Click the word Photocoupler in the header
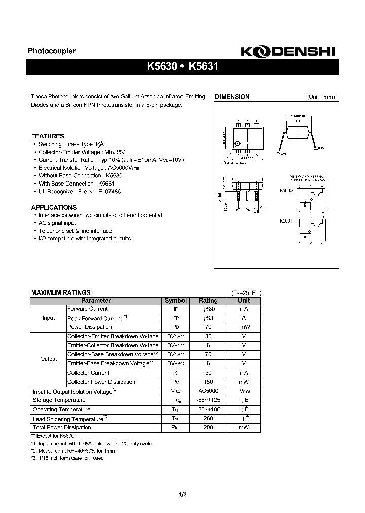click(51, 51)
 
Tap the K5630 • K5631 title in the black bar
click(182, 67)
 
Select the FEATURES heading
click(48, 136)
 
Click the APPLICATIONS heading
click(54, 207)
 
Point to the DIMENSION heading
click(232, 97)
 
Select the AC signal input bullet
click(57, 223)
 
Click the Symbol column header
click(176, 300)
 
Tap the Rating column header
click(208, 300)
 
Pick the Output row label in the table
click(49, 359)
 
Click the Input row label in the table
click(49, 318)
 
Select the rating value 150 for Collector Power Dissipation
click(208, 382)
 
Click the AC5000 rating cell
click(208, 391)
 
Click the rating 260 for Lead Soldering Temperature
click(208, 419)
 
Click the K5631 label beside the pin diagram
click(286, 221)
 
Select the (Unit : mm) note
click(320, 97)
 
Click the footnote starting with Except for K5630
click(53, 436)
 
